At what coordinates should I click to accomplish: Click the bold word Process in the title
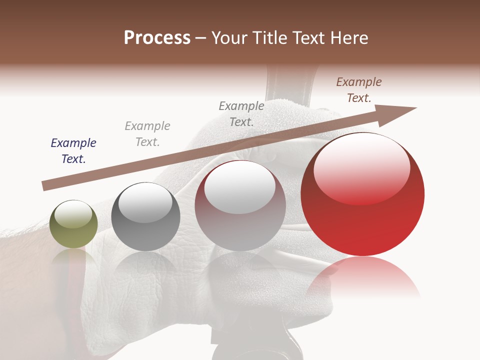(x=157, y=38)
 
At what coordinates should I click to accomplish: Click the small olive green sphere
(x=73, y=224)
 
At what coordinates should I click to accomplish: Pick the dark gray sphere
(x=145, y=217)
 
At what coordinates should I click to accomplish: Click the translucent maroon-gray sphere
(x=240, y=206)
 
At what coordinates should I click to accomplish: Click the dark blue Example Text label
(x=73, y=151)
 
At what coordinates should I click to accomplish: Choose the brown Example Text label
(x=359, y=90)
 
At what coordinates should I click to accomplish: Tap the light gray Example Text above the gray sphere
(x=147, y=134)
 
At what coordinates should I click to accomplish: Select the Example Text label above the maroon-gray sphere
(x=241, y=113)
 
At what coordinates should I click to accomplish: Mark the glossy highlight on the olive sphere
(x=73, y=214)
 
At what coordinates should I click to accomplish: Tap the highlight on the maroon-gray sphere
(x=239, y=186)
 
